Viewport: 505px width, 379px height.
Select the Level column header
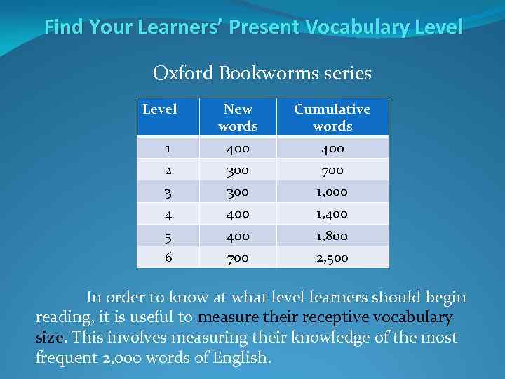(159, 109)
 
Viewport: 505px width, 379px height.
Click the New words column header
(238, 117)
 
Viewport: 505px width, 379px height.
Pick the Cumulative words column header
(332, 117)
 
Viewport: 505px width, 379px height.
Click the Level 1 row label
(168, 148)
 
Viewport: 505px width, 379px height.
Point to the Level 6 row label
(168, 257)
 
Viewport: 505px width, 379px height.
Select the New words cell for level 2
(238, 170)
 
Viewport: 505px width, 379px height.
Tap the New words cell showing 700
(238, 258)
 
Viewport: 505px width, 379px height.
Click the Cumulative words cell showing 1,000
(332, 192)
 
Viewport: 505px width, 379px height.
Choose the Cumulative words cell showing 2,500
(332, 258)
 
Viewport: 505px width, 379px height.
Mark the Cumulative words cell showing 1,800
(332, 236)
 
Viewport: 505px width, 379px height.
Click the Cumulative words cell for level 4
(332, 213)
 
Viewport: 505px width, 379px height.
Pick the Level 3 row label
(168, 192)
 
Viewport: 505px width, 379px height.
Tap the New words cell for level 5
(238, 236)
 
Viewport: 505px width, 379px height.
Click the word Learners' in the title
(178, 27)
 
